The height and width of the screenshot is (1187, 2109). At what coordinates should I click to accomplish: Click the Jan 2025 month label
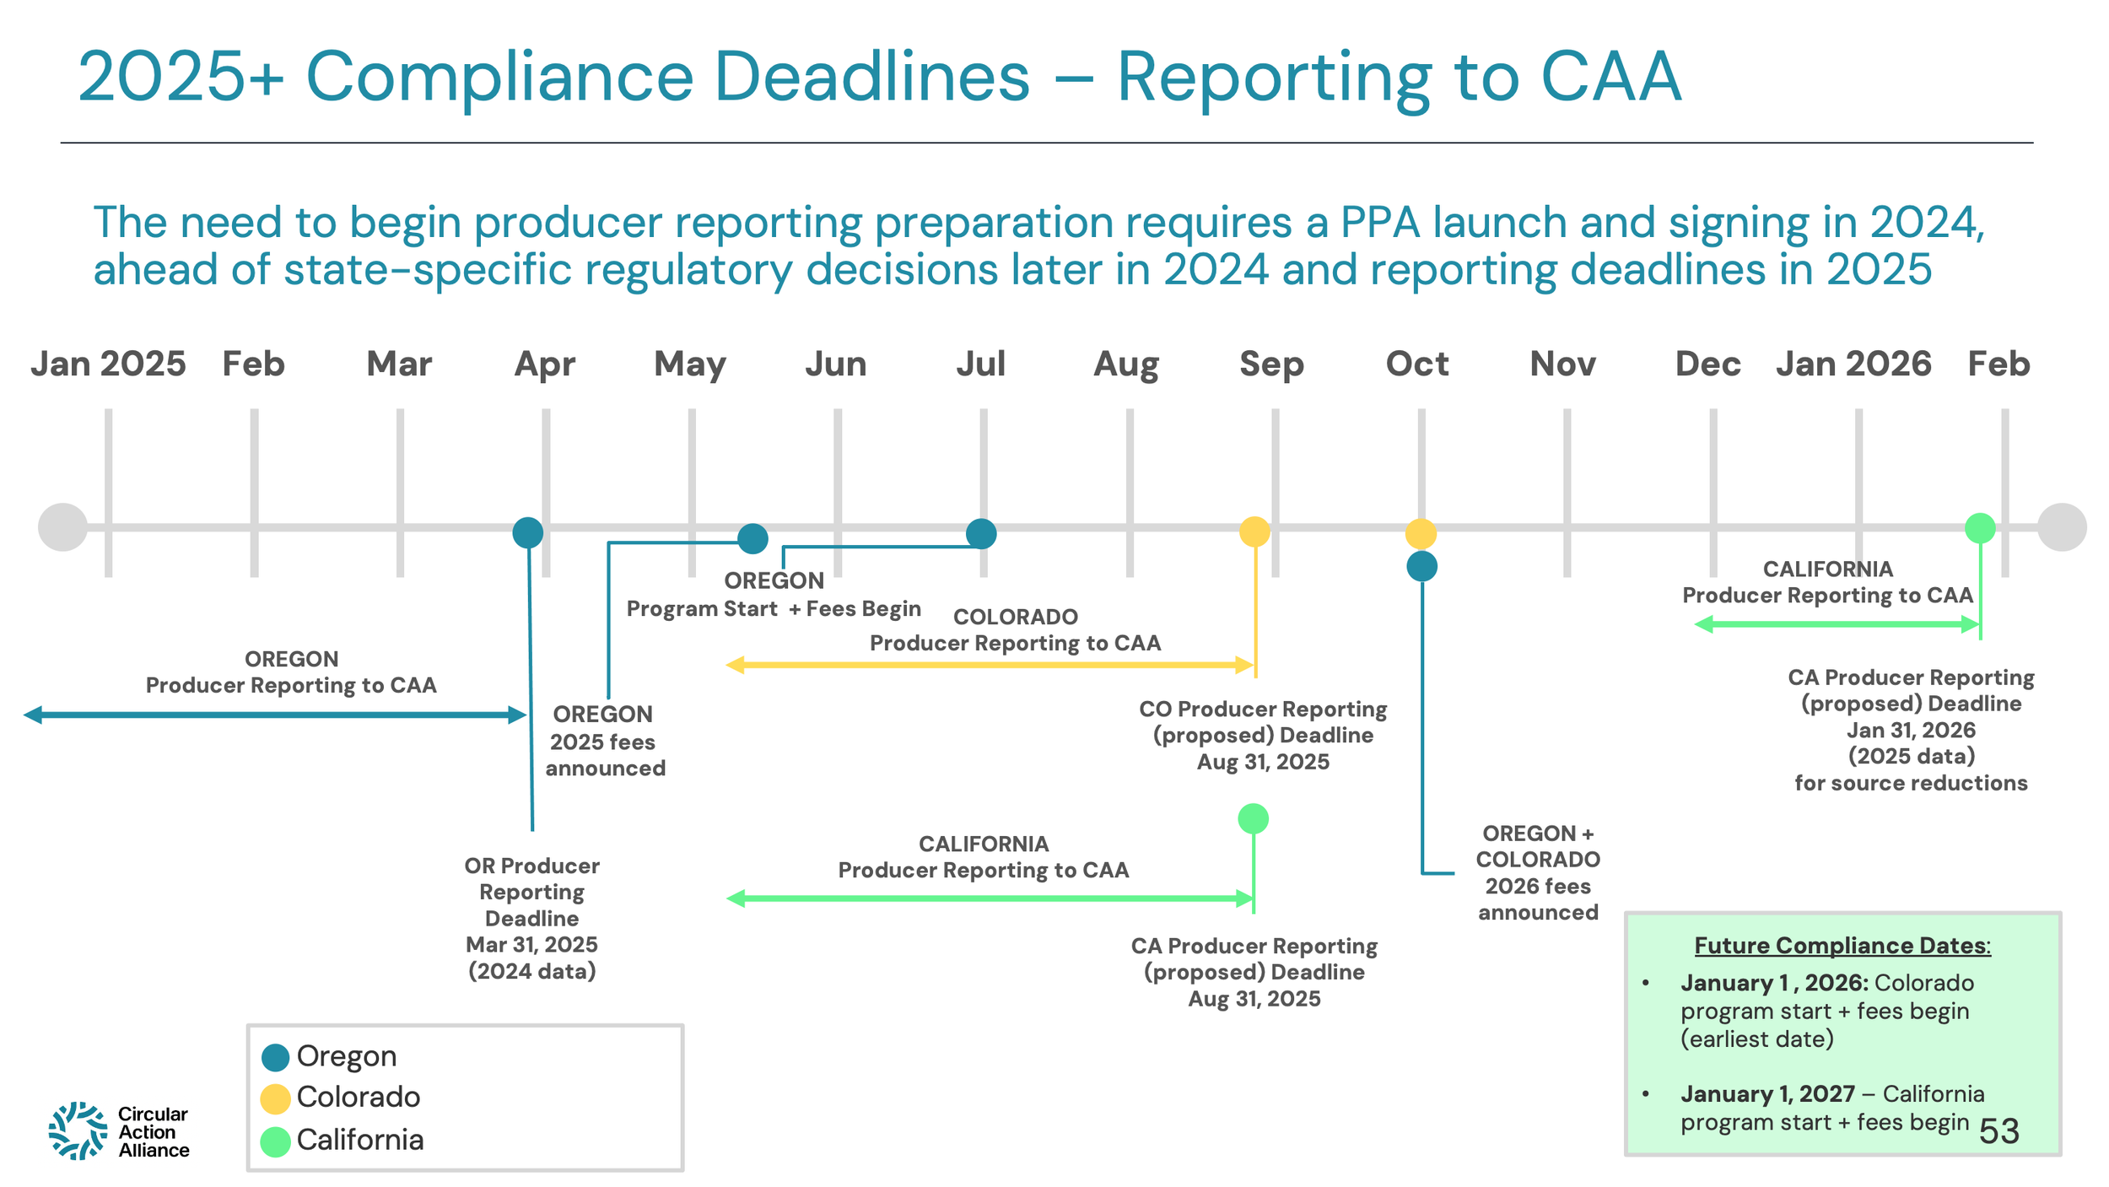tap(108, 364)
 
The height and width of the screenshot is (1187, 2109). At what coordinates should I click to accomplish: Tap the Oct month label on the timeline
tap(1417, 364)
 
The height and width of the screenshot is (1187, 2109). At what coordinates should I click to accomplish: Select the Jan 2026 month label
tap(1853, 364)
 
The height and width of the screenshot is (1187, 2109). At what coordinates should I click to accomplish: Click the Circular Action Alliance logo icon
tap(78, 1130)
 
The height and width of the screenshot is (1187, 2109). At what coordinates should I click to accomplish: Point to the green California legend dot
tap(275, 1141)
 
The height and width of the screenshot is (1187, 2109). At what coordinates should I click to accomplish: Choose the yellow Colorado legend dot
tap(275, 1098)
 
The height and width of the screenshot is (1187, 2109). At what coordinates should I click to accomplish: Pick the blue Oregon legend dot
tap(275, 1057)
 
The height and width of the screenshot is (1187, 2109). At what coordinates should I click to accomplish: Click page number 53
tap(1998, 1131)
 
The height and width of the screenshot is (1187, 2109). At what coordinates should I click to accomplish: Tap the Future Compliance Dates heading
tap(1842, 946)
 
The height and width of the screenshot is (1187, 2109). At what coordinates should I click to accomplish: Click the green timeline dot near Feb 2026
tap(1980, 528)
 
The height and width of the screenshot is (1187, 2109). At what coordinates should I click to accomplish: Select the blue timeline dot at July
tap(981, 534)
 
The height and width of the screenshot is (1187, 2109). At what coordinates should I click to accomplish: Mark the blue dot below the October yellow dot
tap(1421, 566)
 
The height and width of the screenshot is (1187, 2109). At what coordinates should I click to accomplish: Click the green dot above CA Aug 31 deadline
tap(1253, 818)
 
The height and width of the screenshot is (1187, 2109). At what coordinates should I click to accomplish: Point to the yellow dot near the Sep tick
tap(1254, 531)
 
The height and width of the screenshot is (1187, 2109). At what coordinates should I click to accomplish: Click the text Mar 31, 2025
tap(531, 945)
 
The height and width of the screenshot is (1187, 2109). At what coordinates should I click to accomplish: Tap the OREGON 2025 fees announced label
tap(604, 741)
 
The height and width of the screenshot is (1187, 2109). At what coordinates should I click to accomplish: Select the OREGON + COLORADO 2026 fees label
tap(1538, 872)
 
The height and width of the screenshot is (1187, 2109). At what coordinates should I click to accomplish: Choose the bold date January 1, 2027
tap(1767, 1094)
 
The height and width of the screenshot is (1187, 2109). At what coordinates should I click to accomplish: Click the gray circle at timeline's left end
tap(63, 527)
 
